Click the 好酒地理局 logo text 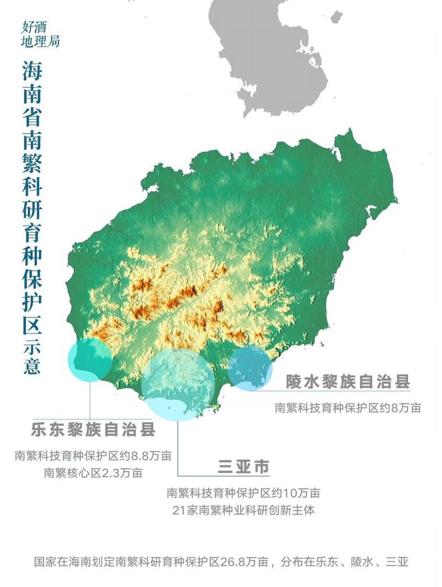pyautogui.click(x=40, y=34)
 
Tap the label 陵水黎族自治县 pyautogui.click(x=348, y=381)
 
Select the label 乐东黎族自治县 pyautogui.click(x=92, y=429)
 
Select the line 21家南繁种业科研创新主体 pyautogui.click(x=243, y=510)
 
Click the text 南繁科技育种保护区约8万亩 pyautogui.click(x=348, y=408)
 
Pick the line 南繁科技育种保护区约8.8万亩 pyautogui.click(x=92, y=457)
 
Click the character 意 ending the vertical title pyautogui.click(x=32, y=365)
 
